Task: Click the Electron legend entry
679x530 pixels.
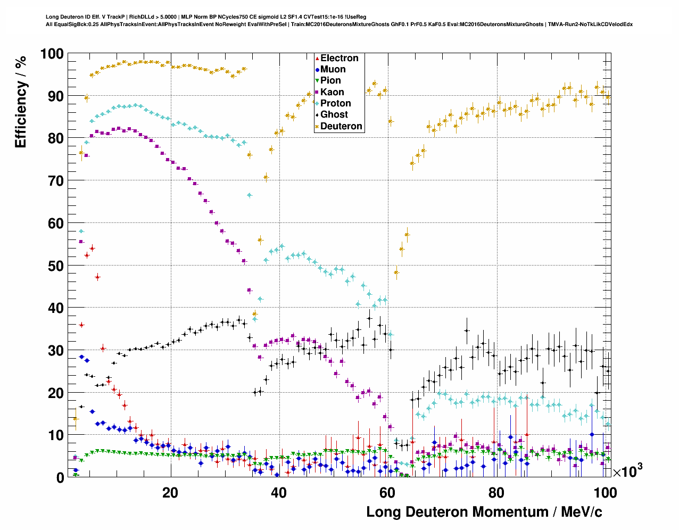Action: (x=339, y=58)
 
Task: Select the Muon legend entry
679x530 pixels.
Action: (x=333, y=69)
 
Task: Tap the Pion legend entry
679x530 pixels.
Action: (x=330, y=80)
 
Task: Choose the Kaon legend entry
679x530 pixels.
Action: (x=332, y=92)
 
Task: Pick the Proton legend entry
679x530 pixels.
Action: (x=335, y=103)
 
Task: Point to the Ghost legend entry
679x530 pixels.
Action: (x=334, y=114)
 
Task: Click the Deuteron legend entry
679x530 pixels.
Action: (x=341, y=126)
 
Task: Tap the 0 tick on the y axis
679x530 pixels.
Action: (x=60, y=477)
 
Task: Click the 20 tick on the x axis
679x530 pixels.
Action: (x=170, y=493)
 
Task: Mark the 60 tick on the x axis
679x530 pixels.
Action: (x=387, y=493)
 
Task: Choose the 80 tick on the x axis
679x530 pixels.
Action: (x=496, y=493)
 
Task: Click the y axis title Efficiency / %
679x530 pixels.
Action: (x=20, y=102)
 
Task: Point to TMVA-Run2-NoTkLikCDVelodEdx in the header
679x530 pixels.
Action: (x=590, y=24)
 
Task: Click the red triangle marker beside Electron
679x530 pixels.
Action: (x=317, y=58)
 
